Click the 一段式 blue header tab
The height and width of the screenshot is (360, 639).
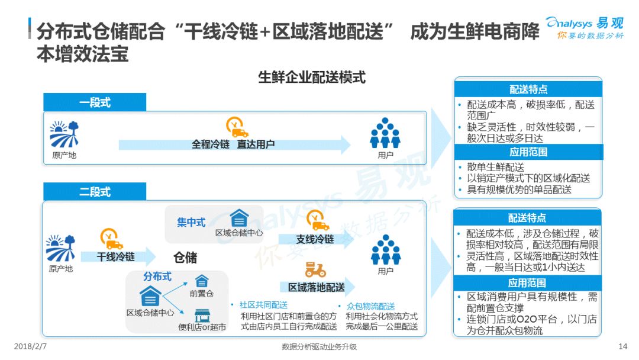95,102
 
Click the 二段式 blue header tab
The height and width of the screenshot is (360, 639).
95,192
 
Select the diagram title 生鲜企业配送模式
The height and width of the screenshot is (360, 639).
312,77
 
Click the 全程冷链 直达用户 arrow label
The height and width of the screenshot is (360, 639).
233,144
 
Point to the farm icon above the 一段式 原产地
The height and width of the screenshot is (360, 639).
64,134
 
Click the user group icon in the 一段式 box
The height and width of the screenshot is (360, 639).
385,133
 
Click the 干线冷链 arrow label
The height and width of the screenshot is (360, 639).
116,257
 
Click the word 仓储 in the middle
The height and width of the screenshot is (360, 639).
185,258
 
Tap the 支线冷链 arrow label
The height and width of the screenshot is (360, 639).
315,239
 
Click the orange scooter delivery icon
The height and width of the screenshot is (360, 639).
315,269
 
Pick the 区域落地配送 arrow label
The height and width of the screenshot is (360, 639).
316,287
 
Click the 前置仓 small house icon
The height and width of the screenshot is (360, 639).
202,281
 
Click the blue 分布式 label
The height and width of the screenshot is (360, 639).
157,277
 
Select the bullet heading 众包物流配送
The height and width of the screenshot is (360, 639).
371,306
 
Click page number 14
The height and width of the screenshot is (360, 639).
622,346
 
